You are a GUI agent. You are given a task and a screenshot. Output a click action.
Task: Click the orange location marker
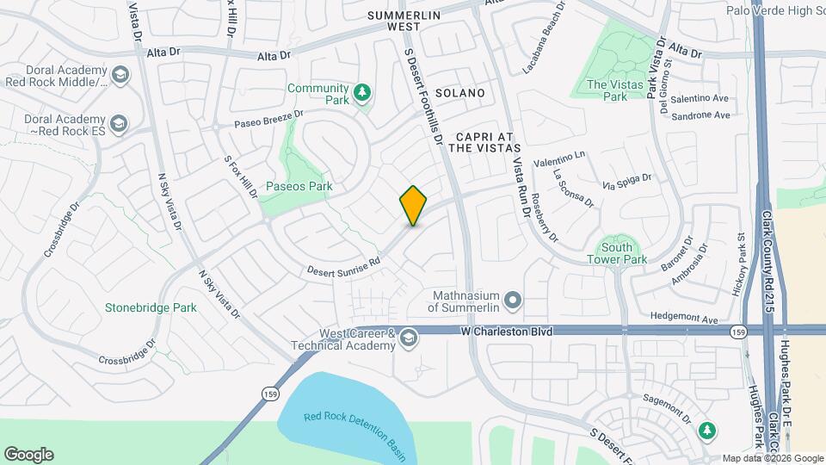[x=413, y=205]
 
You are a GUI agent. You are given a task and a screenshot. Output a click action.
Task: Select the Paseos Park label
[x=299, y=186]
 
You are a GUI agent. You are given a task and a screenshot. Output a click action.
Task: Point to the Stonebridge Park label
[x=151, y=307]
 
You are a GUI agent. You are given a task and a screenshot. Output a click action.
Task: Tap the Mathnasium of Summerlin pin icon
[x=513, y=301]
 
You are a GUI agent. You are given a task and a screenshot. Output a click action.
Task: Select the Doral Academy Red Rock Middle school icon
[x=120, y=76]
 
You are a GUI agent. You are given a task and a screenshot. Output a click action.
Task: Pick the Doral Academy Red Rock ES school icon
[x=118, y=124]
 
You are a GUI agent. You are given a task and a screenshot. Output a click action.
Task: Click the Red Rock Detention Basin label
[x=354, y=425]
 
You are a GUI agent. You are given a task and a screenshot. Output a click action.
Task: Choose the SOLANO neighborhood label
[x=459, y=93]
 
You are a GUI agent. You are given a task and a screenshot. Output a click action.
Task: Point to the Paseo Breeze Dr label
[x=270, y=119]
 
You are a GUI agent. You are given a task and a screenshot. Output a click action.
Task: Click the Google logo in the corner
[x=28, y=455]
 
